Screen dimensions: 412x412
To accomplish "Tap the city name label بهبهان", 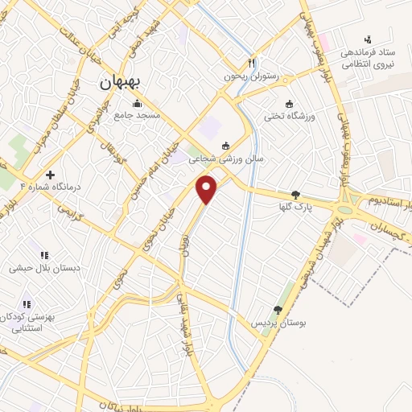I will pos(121,82).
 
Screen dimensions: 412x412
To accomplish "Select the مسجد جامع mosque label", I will pos(137,115).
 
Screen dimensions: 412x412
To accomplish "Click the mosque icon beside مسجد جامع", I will pos(137,103).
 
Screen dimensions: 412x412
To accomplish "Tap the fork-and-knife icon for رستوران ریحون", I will pos(252,64).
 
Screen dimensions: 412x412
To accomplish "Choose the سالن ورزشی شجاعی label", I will pos(226,159).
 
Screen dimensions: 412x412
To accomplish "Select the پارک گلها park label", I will pos(296,207).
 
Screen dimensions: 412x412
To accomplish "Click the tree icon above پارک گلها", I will pos(296,194).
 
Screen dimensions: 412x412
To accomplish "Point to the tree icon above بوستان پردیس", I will pos(278,310).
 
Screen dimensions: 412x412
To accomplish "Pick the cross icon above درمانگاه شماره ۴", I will pos(50,175).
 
